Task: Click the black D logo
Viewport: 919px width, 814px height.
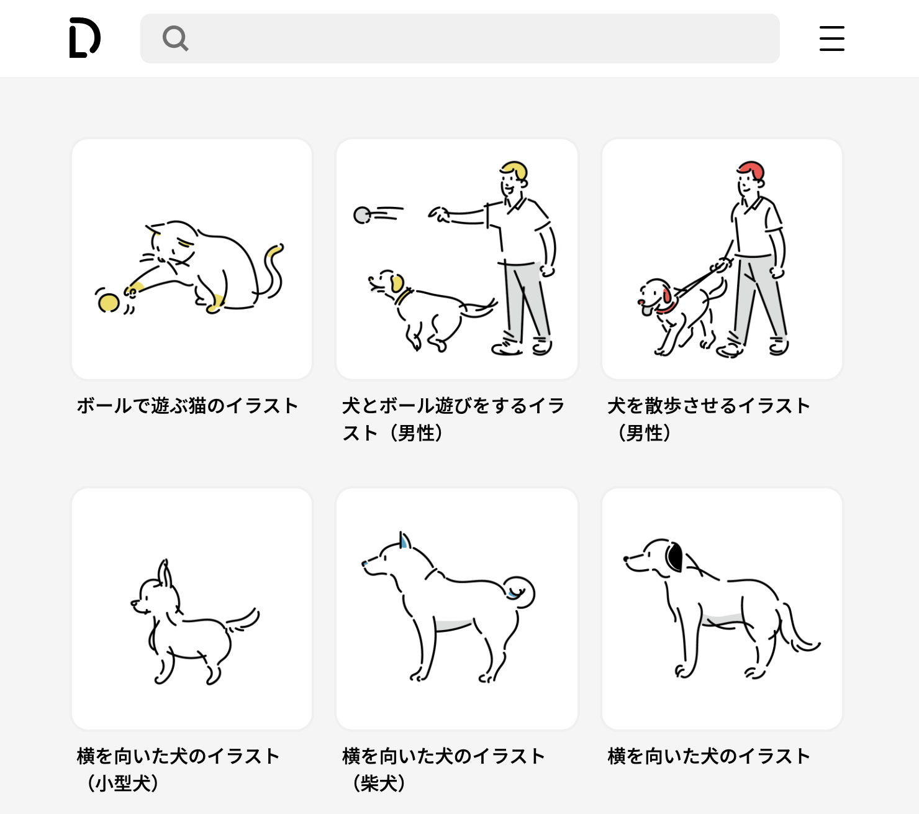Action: coord(84,38)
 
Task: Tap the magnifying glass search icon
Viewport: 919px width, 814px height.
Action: coord(175,39)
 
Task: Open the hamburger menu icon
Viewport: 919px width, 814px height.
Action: coord(831,39)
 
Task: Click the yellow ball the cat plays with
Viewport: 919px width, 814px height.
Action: coord(109,303)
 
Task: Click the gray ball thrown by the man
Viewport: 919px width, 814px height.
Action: coord(361,215)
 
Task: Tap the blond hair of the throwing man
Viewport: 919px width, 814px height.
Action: coord(515,169)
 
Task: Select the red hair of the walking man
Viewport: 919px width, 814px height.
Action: coord(752,169)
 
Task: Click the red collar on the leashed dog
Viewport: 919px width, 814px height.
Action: coord(667,308)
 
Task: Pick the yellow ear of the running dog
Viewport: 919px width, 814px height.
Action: coord(397,283)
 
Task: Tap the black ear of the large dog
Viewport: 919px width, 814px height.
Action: coord(674,556)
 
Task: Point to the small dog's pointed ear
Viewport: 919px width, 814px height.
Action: coord(165,574)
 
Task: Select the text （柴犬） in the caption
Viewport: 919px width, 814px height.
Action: coord(379,783)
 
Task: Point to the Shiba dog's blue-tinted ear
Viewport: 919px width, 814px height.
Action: coord(404,541)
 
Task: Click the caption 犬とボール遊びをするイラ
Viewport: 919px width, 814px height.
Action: coord(453,406)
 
